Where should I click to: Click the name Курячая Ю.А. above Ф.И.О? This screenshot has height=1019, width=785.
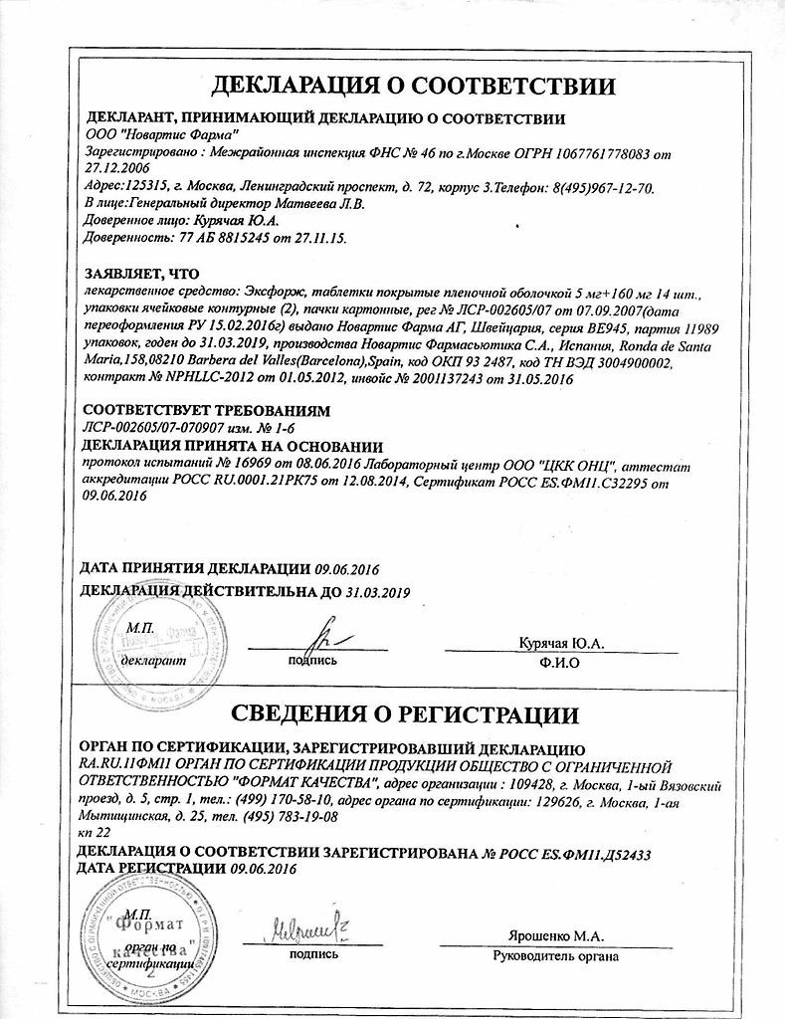pyautogui.click(x=560, y=643)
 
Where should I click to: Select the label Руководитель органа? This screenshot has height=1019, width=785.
pyautogui.click(x=555, y=956)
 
